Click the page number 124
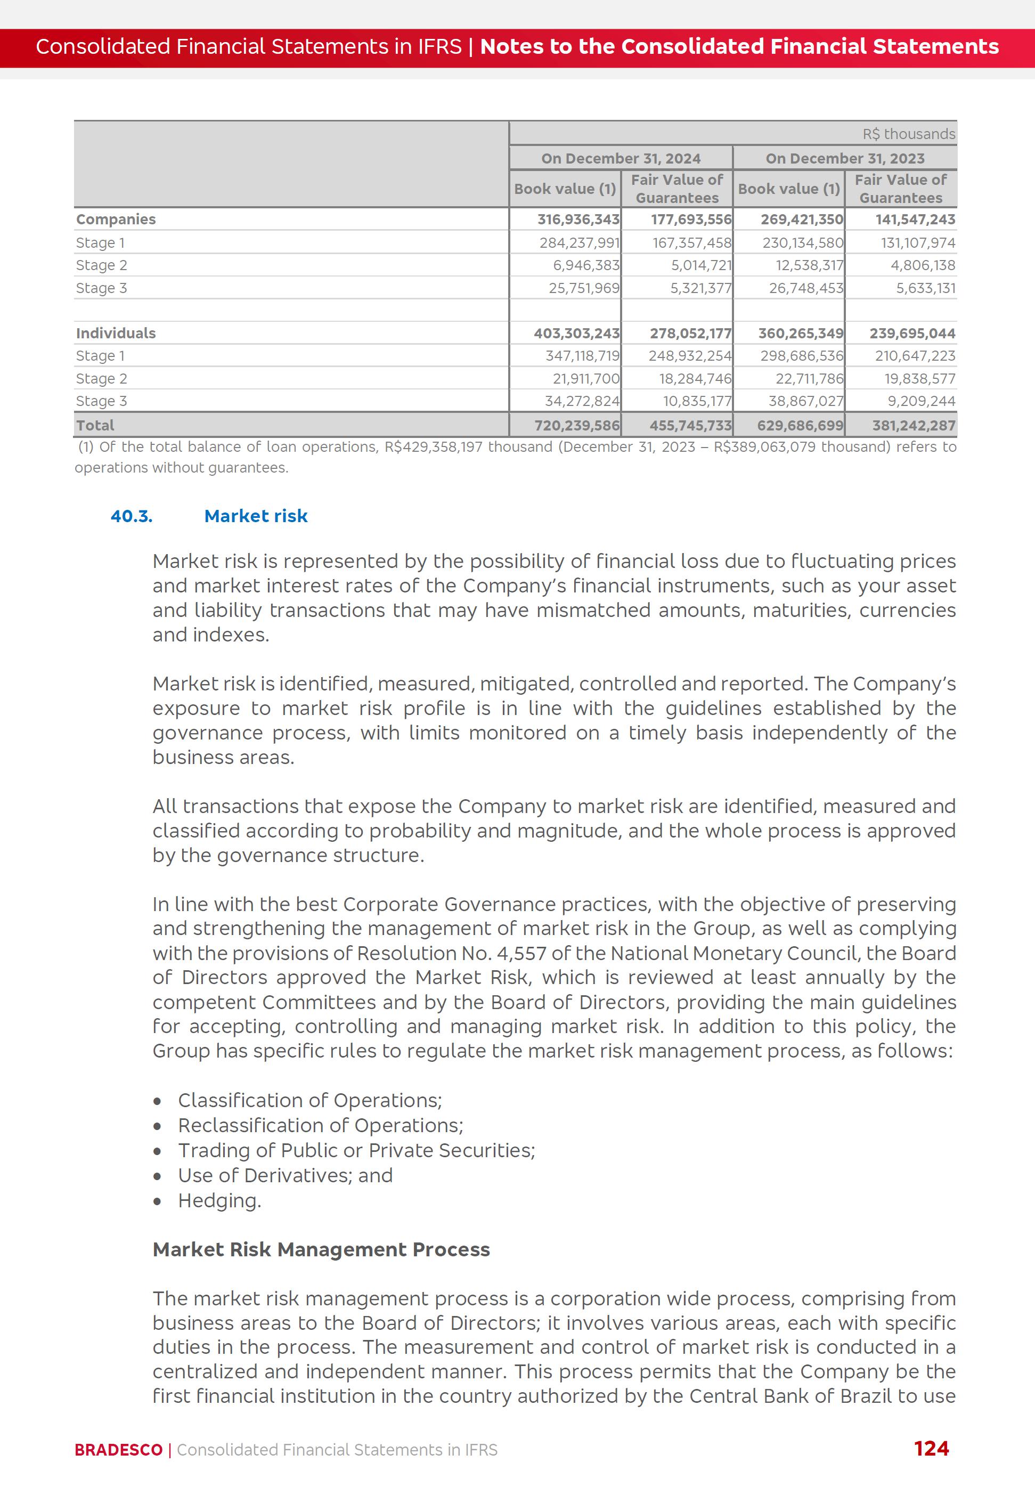point(931,1448)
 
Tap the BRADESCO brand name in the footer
point(119,1450)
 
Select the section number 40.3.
point(132,516)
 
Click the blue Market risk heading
point(256,516)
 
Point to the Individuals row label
point(116,333)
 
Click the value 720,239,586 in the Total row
point(576,426)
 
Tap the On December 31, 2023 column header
point(844,158)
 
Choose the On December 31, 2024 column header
point(621,158)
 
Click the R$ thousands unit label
point(909,134)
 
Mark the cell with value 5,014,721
point(701,265)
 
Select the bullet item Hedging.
point(219,1200)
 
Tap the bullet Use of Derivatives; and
point(286,1175)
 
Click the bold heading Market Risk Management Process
point(321,1249)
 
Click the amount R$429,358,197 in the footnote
point(433,447)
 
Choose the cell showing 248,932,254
point(689,355)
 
